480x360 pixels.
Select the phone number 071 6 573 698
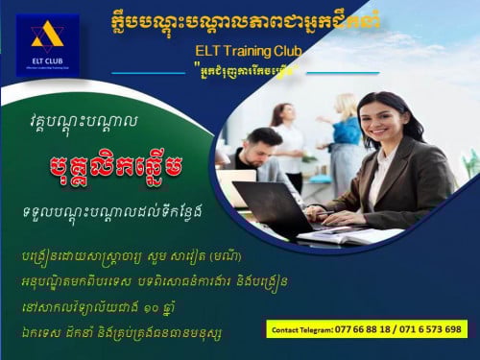[x=431, y=328]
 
